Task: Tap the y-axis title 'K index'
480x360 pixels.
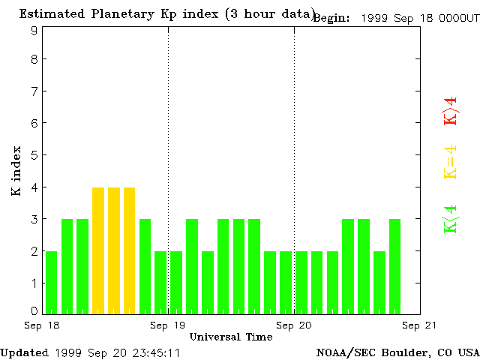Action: [16, 171]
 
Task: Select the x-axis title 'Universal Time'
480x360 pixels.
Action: [231, 337]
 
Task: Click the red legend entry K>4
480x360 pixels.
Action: [450, 112]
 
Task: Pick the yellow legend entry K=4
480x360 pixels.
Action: [450, 162]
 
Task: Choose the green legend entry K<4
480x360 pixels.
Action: [450, 219]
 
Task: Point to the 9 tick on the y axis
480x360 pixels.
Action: [34, 31]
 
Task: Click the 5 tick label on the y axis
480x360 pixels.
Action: [34, 155]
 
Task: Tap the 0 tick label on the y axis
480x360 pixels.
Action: [34, 310]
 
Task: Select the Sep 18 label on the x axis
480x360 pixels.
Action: [42, 325]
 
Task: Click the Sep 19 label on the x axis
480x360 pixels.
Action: [168, 325]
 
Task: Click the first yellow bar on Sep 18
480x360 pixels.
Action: [98, 250]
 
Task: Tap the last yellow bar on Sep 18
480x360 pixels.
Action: [130, 250]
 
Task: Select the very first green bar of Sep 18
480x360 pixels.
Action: [51, 282]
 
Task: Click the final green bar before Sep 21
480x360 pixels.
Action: [395, 266]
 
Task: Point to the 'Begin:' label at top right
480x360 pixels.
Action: [331, 18]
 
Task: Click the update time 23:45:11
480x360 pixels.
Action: [154, 352]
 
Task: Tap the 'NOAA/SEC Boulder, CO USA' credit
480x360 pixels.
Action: [397, 352]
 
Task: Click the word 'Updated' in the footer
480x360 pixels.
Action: [24, 352]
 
